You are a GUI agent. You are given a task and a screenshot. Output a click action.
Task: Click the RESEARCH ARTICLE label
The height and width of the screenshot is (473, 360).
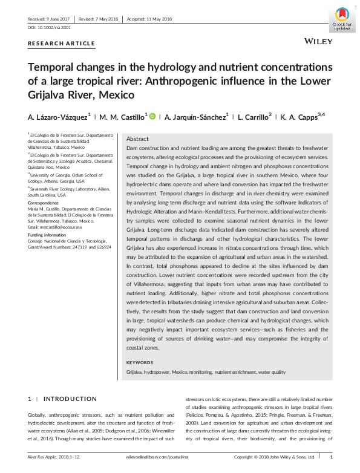[61, 44]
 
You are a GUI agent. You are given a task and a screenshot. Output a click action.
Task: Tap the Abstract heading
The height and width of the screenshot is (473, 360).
[137, 139]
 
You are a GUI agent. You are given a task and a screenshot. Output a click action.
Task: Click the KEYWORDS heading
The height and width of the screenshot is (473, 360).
[140, 362]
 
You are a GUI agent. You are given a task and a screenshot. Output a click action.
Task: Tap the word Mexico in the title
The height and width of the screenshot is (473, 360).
[115, 95]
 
